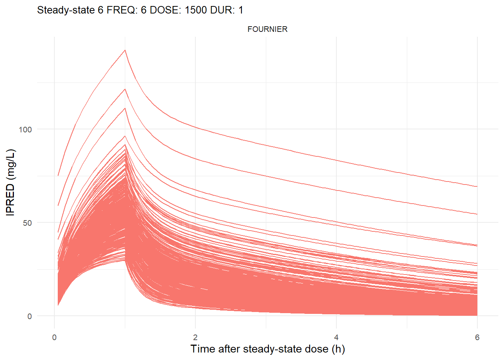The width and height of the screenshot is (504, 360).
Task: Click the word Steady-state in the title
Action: pos(66,10)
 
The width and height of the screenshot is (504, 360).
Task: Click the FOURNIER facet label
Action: pos(267,29)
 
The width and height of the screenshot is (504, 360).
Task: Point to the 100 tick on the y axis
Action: pos(25,129)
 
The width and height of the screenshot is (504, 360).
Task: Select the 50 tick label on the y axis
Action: pos(27,223)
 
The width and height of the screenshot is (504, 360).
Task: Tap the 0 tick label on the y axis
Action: pos(30,316)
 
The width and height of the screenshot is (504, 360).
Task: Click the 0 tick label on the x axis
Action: pos(54,337)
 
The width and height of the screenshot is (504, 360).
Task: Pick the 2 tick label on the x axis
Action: pos(195,337)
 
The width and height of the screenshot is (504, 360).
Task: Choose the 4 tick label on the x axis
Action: pos(336,337)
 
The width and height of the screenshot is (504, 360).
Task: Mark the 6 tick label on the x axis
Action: pos(477,337)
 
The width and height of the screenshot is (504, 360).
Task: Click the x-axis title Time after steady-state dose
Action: pos(267,349)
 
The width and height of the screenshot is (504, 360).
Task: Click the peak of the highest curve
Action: pos(125,50)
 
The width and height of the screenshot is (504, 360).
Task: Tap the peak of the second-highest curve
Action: pos(125,89)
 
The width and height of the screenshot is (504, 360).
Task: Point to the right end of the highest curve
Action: pos(477,186)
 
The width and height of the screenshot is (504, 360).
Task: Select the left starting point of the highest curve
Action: pos(58,175)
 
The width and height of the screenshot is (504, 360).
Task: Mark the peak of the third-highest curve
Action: pos(125,108)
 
